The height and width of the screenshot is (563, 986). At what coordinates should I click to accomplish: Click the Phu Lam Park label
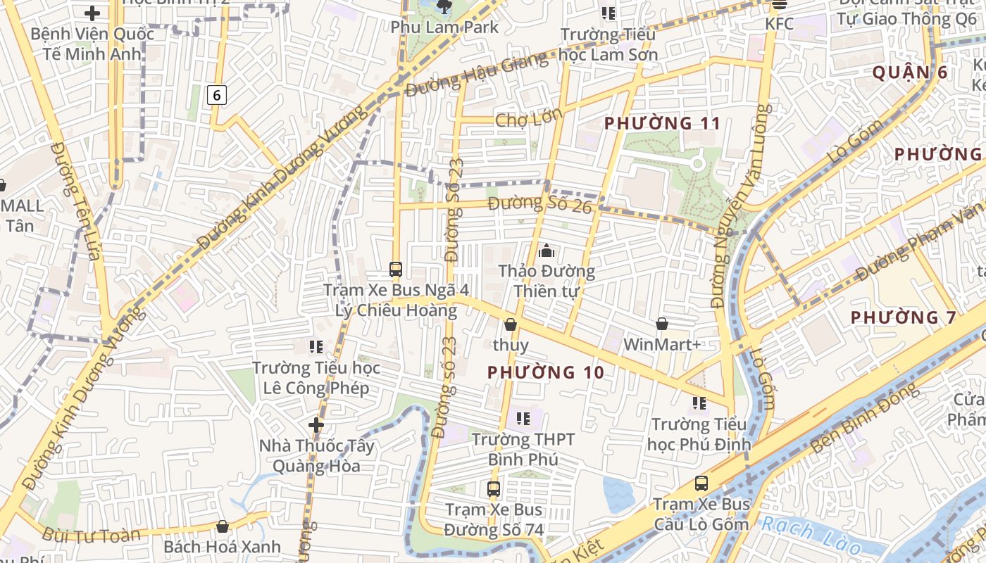click(x=444, y=27)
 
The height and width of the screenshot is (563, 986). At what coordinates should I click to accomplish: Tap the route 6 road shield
click(x=217, y=94)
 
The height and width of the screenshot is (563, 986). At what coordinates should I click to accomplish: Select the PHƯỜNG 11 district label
click(x=662, y=124)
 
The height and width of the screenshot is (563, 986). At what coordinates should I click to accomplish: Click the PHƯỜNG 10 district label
click(x=546, y=372)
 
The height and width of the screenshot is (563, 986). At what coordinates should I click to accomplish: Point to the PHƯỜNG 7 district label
click(x=904, y=317)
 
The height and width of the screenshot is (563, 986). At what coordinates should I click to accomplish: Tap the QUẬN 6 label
click(x=910, y=72)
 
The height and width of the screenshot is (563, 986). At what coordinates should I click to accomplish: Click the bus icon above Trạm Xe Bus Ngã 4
click(x=396, y=269)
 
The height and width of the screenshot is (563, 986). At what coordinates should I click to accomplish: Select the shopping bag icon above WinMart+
click(x=662, y=324)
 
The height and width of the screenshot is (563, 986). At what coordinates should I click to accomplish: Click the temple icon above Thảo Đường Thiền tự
click(x=546, y=250)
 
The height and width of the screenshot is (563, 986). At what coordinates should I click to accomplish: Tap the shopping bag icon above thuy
click(x=511, y=324)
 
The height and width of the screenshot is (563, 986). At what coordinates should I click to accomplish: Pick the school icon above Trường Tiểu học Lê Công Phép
click(x=316, y=346)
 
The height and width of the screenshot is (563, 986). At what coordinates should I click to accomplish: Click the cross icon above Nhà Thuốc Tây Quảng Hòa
click(x=316, y=424)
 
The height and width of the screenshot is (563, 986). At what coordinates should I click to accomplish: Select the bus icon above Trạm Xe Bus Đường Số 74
click(x=494, y=488)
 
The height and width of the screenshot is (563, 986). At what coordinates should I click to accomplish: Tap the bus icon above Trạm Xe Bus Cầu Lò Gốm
click(x=701, y=483)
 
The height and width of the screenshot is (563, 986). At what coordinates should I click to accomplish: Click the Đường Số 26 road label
click(x=540, y=204)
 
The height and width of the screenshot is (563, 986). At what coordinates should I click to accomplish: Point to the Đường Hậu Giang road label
click(x=477, y=74)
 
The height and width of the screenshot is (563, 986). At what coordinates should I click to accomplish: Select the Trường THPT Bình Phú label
click(x=523, y=450)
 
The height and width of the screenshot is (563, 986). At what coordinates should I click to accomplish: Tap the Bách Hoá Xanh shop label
click(x=222, y=547)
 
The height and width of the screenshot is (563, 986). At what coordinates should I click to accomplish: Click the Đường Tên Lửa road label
click(x=75, y=201)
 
